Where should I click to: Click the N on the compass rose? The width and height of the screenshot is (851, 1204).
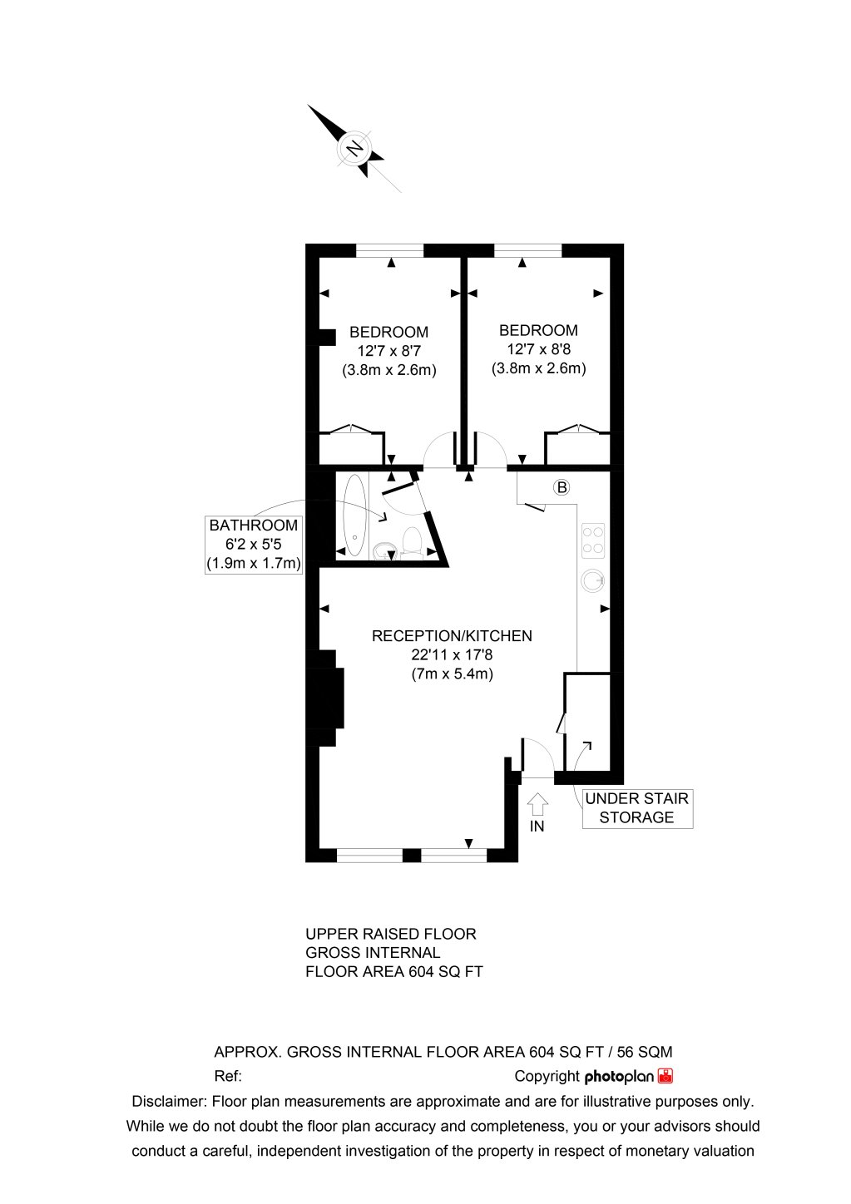point(355,150)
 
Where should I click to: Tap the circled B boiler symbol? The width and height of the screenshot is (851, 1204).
point(562,487)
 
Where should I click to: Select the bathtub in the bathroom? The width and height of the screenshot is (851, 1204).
point(354,515)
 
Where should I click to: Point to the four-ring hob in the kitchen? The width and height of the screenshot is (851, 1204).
point(593,539)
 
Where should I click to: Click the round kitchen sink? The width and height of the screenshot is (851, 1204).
point(593,579)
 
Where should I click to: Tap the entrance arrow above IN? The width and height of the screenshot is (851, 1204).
point(538,804)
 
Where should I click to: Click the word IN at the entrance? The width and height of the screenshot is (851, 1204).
point(537,827)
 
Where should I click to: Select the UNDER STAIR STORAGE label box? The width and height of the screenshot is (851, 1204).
point(636,808)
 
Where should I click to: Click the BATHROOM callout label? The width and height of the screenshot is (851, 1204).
point(253,545)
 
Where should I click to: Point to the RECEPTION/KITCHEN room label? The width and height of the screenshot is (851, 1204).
point(452,636)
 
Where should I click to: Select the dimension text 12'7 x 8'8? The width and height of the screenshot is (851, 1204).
point(538,350)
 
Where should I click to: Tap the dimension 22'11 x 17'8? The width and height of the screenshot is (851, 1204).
point(452,655)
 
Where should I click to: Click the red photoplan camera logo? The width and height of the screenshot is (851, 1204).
point(665,1076)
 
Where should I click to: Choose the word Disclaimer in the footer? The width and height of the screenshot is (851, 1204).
point(169,1102)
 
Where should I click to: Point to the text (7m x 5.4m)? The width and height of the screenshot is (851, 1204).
point(452,674)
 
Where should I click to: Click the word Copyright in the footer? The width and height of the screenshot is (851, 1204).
point(547,1076)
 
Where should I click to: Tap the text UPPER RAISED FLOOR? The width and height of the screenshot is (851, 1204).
point(391,934)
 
